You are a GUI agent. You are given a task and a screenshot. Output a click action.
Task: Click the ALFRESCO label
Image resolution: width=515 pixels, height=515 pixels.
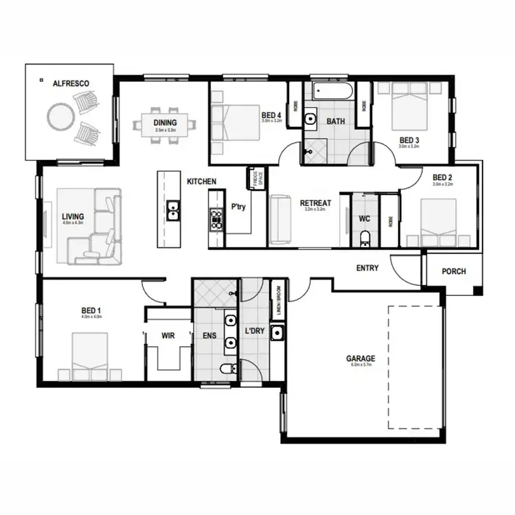pos(71,83)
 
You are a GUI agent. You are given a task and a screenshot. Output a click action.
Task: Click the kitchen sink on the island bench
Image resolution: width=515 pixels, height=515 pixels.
pos(174,209)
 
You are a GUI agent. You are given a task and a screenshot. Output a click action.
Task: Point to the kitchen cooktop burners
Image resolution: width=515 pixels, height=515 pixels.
pos(216,218)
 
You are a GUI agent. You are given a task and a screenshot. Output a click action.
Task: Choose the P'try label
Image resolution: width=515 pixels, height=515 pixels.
pos(238,206)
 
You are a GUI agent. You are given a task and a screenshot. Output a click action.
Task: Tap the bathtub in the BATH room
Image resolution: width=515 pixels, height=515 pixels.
pos(331,91)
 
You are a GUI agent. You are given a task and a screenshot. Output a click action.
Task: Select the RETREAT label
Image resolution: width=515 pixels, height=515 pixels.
pos(315,203)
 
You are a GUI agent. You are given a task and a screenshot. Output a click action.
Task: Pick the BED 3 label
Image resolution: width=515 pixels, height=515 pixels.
pos(410,141)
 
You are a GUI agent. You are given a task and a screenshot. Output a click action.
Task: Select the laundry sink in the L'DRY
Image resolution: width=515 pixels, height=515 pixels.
pos(277,334)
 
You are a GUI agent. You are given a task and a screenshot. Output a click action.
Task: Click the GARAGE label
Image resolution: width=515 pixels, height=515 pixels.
pos(360,358)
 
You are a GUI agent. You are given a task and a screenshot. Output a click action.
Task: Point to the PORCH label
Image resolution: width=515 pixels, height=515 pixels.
pos(453,271)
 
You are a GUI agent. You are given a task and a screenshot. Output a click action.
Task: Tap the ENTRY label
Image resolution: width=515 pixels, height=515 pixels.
pos(367,268)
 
